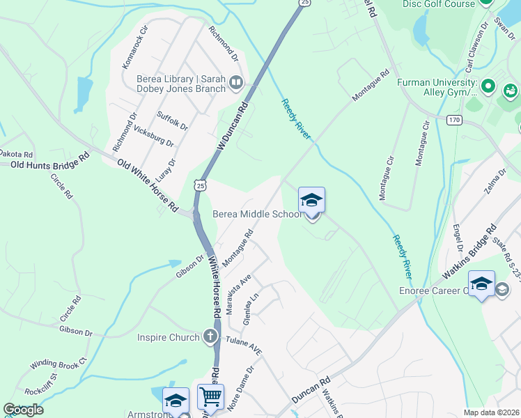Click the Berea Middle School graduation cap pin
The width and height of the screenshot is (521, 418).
[x=311, y=201]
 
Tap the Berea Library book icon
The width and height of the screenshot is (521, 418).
[x=236, y=84]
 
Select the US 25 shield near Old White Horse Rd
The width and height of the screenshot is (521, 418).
[x=201, y=185]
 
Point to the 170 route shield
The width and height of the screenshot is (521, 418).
[x=454, y=120]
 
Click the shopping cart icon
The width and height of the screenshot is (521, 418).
[x=210, y=398]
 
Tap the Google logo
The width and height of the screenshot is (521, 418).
[x=23, y=409]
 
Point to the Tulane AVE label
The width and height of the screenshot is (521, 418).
[x=243, y=346]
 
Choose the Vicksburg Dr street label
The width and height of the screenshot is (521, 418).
[x=153, y=135]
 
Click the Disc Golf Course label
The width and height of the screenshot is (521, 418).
[x=438, y=4]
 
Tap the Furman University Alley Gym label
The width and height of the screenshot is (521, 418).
[x=437, y=87]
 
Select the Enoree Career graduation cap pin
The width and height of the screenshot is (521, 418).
[x=481, y=284]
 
